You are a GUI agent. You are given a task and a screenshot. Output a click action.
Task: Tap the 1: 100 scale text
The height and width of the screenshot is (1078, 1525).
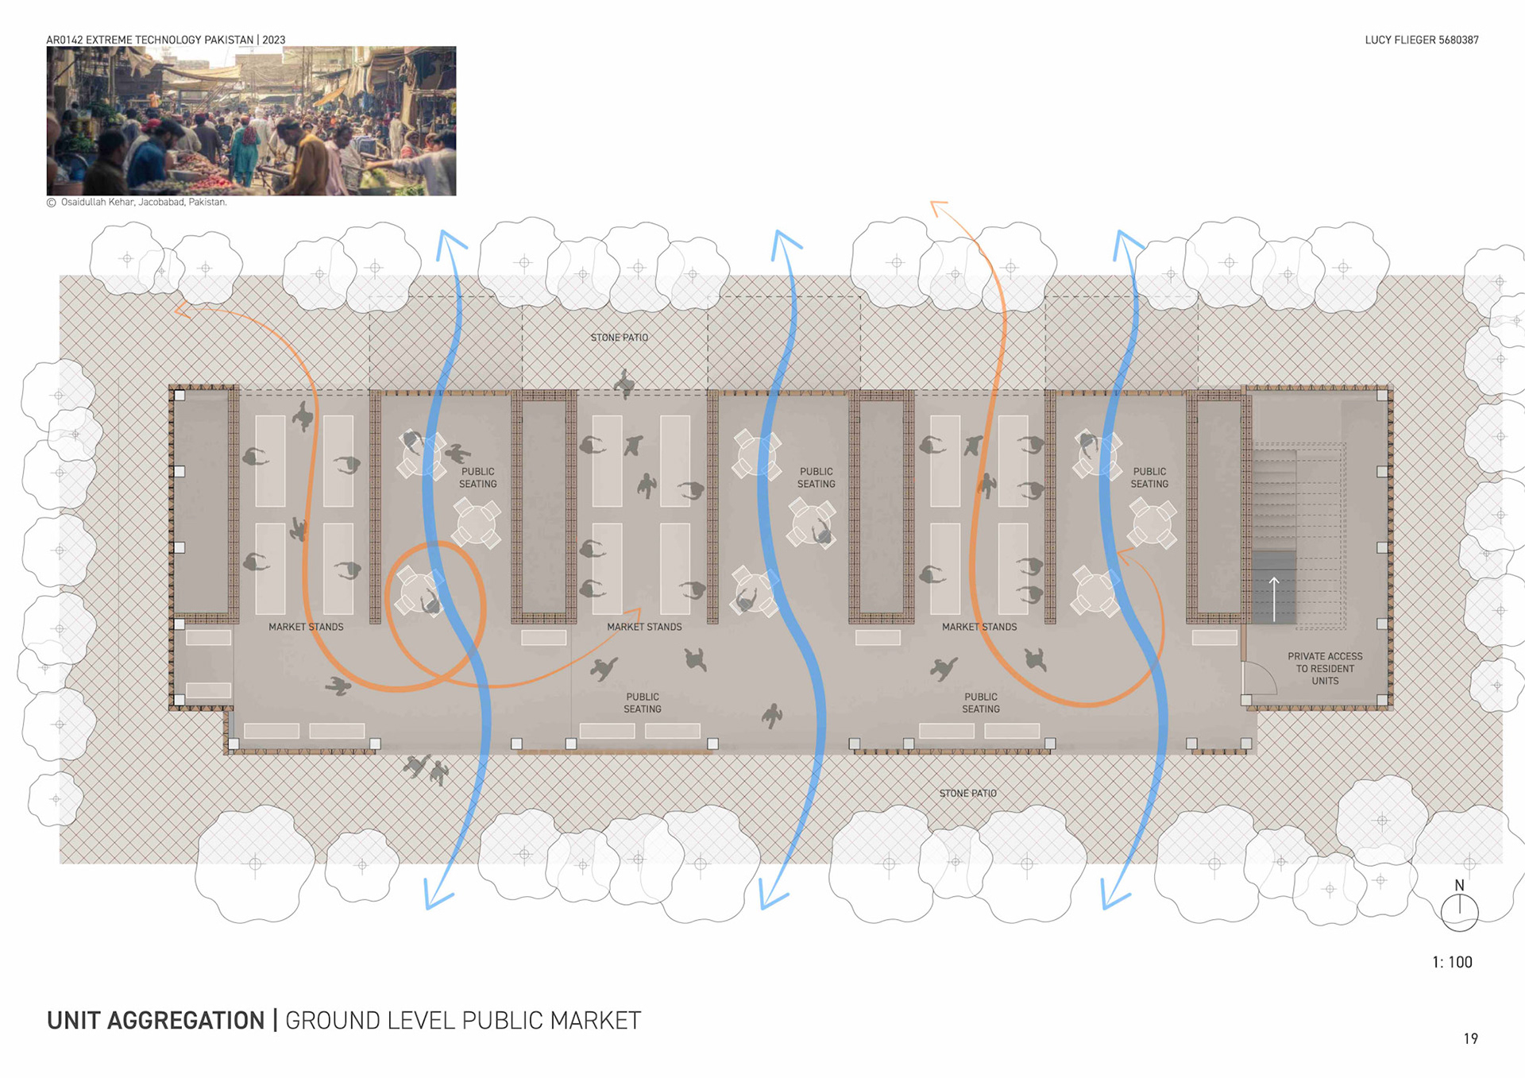point(1452,962)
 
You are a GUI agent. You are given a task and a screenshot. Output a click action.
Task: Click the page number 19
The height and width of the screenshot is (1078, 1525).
point(1470,1038)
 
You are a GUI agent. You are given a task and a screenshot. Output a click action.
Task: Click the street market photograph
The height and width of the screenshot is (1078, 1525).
point(251,121)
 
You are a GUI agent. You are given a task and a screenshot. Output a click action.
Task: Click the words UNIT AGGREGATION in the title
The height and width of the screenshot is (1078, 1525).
point(156,1020)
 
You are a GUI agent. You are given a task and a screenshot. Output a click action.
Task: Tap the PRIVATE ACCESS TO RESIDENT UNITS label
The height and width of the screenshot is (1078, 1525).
point(1324,668)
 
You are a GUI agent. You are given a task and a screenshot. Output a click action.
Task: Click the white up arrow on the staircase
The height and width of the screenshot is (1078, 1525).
point(1274,598)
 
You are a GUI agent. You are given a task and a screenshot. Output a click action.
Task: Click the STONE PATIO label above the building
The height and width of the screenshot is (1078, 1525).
point(619,338)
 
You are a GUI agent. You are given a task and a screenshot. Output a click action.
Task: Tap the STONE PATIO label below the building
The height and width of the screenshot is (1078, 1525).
point(967,793)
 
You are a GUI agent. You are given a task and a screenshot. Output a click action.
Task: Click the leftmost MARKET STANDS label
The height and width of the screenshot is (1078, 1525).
point(306,627)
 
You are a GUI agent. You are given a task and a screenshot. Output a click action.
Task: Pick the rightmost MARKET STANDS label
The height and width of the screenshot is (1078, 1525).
point(979,627)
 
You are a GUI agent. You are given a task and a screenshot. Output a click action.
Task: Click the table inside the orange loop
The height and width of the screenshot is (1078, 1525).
point(419,592)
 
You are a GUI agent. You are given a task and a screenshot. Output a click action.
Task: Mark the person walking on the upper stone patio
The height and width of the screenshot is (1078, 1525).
point(625,383)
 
